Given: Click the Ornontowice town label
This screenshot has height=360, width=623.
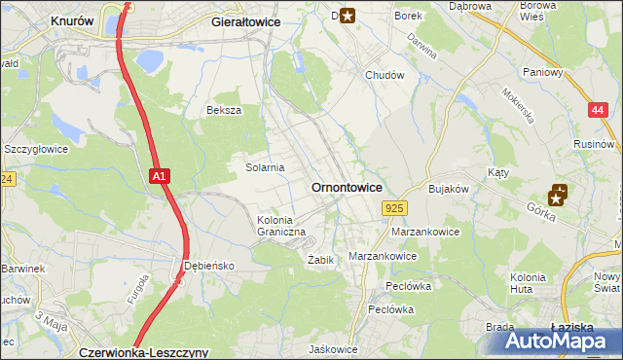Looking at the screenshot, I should tap(346, 187).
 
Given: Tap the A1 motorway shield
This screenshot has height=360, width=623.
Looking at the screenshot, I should tap(161, 176).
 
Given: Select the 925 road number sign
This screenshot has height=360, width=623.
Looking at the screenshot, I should tap(394, 208).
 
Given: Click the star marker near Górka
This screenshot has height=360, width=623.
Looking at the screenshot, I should tap(560, 195).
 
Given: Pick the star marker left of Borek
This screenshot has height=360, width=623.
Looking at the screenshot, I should tap(347, 14).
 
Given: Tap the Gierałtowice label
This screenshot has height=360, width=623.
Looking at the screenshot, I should tap(246, 20).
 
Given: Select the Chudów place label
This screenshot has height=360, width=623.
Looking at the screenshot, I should tap(384, 75).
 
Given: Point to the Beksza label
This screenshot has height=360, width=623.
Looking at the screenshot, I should tap(223, 111).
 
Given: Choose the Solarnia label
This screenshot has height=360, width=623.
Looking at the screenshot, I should tap(264, 167).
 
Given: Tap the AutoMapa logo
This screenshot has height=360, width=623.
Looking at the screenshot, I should tap(559, 341).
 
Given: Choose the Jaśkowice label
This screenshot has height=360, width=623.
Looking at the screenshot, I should tap(333, 349).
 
